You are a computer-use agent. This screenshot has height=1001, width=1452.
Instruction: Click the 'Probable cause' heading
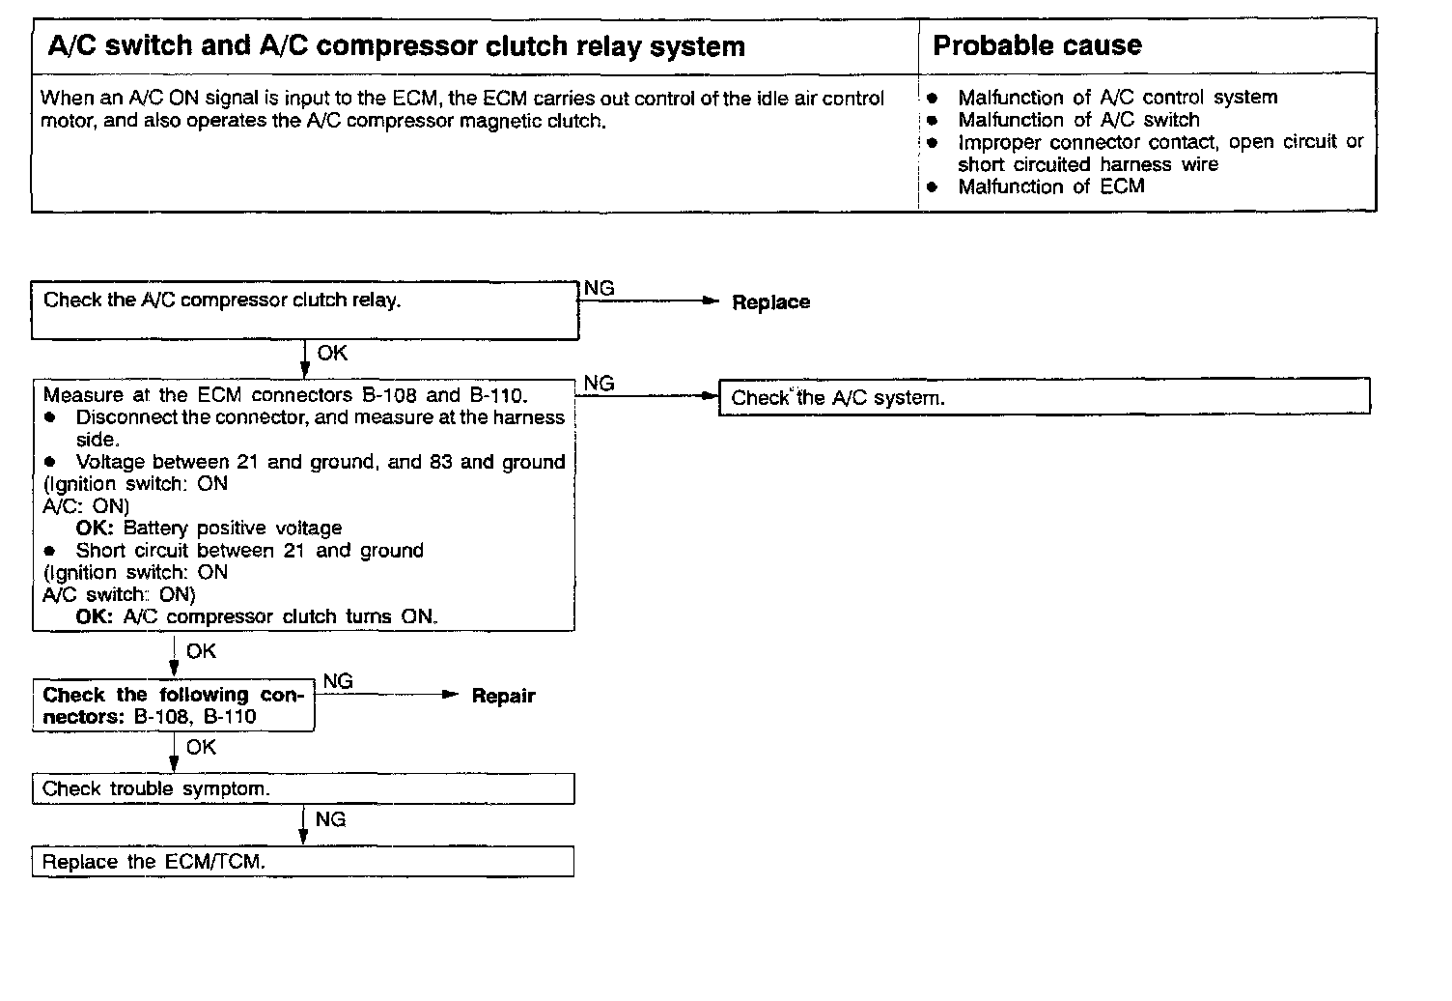click(x=1037, y=45)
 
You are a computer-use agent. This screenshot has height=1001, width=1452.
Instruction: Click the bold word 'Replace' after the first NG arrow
click(x=770, y=302)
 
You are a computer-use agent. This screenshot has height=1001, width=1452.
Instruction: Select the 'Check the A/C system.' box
click(x=1044, y=397)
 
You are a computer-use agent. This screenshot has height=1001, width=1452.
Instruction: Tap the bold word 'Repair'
click(x=503, y=696)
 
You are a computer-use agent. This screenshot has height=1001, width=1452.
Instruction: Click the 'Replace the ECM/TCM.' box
click(x=302, y=862)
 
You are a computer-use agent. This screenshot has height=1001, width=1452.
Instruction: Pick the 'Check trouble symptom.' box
click(x=302, y=788)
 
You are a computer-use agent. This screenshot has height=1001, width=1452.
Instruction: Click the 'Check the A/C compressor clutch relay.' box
click(x=304, y=310)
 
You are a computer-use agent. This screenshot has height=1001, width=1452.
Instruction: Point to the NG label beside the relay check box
click(x=599, y=288)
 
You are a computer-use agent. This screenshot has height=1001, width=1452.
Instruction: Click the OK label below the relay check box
click(x=331, y=354)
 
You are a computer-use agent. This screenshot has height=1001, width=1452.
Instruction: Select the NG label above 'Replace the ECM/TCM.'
click(x=330, y=819)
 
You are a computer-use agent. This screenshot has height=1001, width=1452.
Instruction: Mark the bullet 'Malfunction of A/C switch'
click(x=1077, y=120)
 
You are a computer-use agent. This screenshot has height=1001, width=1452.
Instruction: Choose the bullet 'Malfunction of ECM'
click(x=1050, y=186)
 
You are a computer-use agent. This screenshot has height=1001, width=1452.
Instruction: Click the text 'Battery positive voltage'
click(x=233, y=529)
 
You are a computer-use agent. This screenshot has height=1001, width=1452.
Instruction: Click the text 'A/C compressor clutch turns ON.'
click(x=280, y=616)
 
